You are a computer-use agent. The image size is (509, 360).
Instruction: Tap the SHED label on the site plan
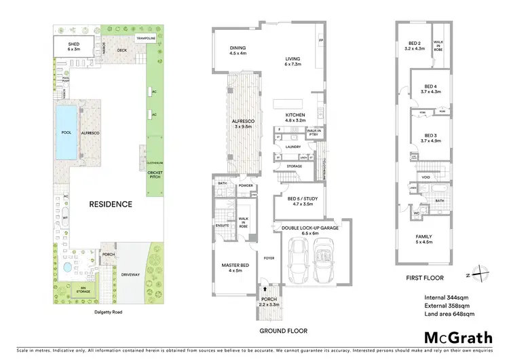pyautogui.click(x=73, y=45)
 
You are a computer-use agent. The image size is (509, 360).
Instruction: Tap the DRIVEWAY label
pyautogui.click(x=130, y=275)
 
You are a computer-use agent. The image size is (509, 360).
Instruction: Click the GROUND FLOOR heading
pyautogui.click(x=278, y=331)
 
